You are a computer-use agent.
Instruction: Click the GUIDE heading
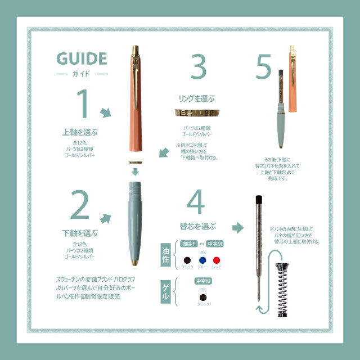(82, 59)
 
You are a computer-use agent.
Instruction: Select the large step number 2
(80, 206)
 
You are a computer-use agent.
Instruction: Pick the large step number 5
(263, 68)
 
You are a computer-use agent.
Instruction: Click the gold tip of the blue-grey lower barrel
(135, 263)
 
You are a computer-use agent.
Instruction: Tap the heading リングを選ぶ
(197, 98)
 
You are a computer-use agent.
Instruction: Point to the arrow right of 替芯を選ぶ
(238, 228)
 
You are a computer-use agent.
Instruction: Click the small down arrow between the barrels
(135, 172)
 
